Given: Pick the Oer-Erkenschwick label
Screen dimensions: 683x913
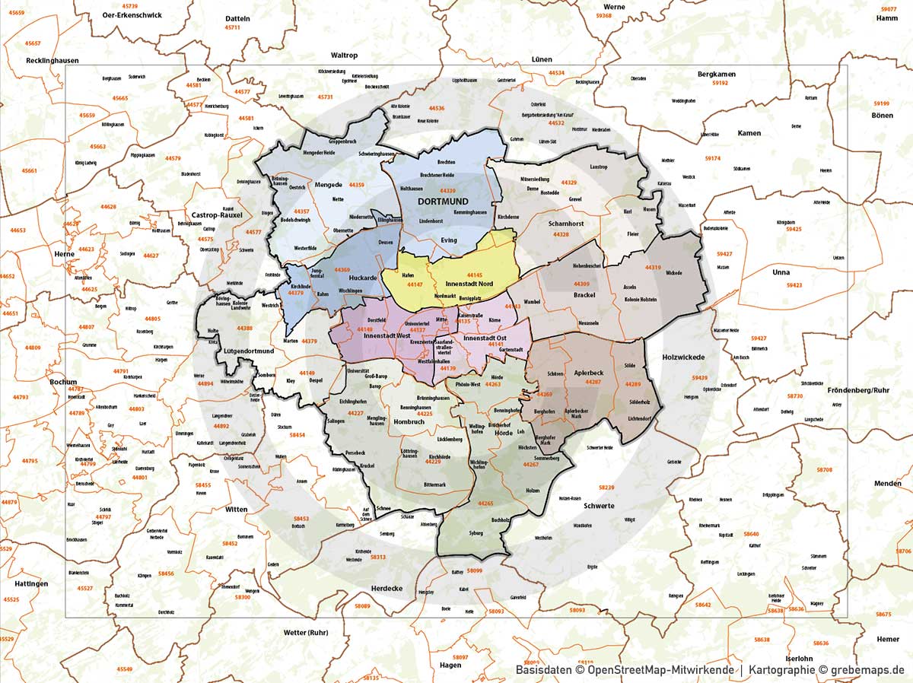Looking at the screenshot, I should point(126,14).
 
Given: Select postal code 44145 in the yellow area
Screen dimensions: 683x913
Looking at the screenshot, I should point(475,275).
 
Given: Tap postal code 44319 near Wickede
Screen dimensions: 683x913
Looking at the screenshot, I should point(653,267).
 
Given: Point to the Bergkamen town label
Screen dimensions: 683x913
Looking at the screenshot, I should point(717,74).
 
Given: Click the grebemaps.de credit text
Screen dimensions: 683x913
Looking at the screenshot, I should point(860,670).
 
